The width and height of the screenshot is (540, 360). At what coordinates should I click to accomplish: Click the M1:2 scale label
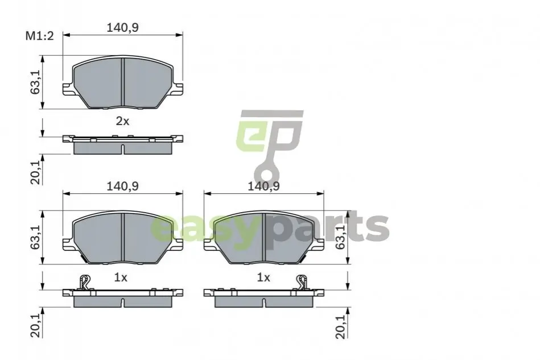[40, 36]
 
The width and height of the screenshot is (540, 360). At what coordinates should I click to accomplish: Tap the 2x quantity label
[122, 121]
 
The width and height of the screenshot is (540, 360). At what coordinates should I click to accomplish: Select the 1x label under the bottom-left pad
[121, 278]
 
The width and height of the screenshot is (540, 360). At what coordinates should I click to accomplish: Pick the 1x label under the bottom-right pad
[263, 278]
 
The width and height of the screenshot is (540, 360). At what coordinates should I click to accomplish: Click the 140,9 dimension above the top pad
[122, 27]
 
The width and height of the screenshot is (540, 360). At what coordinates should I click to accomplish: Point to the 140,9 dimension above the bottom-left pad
[122, 186]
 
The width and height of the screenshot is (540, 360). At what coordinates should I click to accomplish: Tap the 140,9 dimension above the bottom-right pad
[264, 186]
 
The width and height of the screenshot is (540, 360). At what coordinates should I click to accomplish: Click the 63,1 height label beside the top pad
[35, 82]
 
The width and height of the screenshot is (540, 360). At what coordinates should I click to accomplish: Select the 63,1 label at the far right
[341, 238]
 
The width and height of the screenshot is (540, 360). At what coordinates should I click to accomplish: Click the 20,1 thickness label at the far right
[341, 327]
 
